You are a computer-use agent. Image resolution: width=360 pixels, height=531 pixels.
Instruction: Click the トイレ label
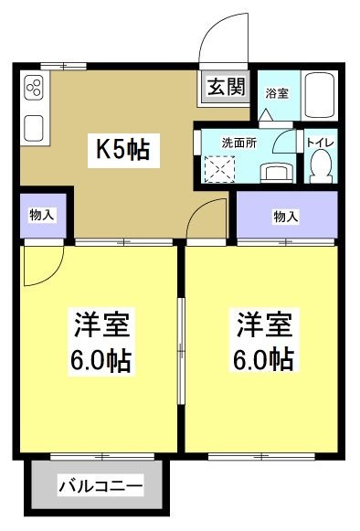coord(319,143)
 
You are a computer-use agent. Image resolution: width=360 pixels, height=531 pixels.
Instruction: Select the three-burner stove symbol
coord(35,89)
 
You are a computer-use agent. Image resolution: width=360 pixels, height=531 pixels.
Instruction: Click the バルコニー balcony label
coord(101,485)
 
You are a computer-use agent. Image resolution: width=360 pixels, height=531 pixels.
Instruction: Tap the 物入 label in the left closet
coord(42,216)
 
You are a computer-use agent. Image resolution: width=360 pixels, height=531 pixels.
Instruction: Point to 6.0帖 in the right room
coord(266,358)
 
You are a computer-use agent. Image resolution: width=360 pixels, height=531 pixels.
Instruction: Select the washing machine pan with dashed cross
coord(219,168)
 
